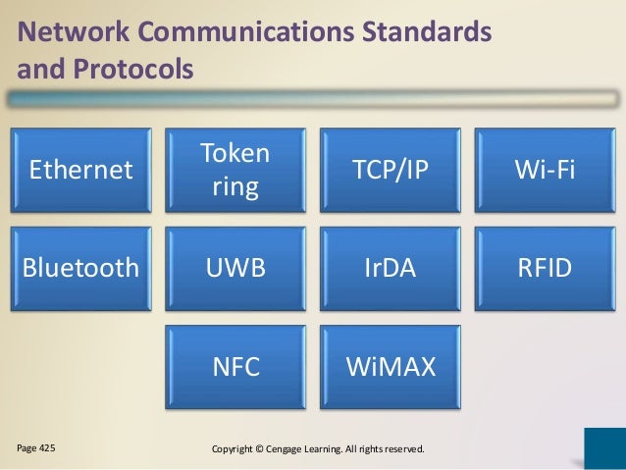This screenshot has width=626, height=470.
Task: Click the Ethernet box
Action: tap(80, 171)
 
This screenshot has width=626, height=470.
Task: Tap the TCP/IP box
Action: tap(391, 171)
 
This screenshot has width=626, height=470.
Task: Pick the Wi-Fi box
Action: tap(546, 171)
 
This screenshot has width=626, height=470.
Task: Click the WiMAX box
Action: tap(391, 366)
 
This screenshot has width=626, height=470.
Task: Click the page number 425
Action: tap(45, 448)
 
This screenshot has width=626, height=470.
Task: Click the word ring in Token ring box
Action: tap(236, 186)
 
